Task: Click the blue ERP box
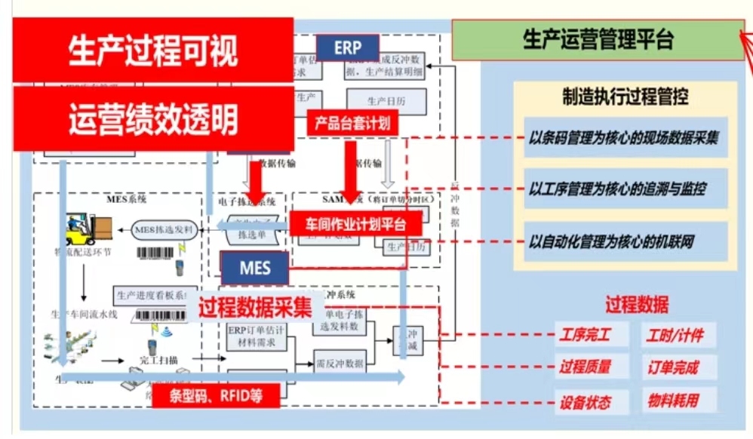click(348, 48)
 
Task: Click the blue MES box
click(255, 268)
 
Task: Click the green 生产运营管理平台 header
click(598, 40)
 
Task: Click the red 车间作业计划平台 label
click(355, 224)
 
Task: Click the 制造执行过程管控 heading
click(625, 97)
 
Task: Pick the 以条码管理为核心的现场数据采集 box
click(624, 138)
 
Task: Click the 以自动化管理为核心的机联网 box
click(624, 242)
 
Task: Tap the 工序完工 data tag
click(584, 335)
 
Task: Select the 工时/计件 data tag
click(674, 335)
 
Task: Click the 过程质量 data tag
click(584, 367)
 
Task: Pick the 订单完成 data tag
click(674, 367)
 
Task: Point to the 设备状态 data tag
click(584, 401)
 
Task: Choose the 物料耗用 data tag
click(674, 400)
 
